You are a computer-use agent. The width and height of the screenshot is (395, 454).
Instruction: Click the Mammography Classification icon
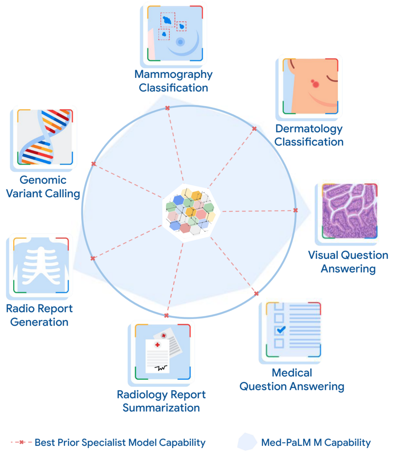tap(174, 34)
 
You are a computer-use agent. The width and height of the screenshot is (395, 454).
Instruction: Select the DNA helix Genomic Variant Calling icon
tap(44, 137)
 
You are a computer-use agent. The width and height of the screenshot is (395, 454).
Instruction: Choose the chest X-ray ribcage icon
tap(40, 266)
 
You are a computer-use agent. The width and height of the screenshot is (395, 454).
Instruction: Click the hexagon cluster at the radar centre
tap(191, 212)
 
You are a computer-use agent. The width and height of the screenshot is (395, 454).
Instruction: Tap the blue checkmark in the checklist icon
tap(280, 330)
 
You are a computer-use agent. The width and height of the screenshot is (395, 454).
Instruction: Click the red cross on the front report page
tap(157, 344)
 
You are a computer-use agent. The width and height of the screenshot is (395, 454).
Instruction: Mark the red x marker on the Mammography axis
tap(167, 108)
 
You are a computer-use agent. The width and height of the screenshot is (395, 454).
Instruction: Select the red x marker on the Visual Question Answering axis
tap(295, 210)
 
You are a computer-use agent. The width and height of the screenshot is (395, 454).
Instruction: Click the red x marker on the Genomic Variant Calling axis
tap(93, 164)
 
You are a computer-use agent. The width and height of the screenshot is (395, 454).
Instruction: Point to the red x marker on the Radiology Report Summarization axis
tap(166, 315)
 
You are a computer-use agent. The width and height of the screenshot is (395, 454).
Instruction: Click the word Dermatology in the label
tap(309, 128)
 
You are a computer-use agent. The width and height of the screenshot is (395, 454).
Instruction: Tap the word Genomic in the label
tap(43, 180)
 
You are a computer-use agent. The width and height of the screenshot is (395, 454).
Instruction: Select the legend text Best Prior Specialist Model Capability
tap(120, 442)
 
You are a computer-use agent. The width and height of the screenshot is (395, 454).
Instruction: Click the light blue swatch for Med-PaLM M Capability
tap(247, 442)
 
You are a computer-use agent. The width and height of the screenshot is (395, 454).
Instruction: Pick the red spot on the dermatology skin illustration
tap(316, 84)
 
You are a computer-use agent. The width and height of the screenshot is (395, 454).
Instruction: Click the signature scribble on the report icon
tap(161, 368)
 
